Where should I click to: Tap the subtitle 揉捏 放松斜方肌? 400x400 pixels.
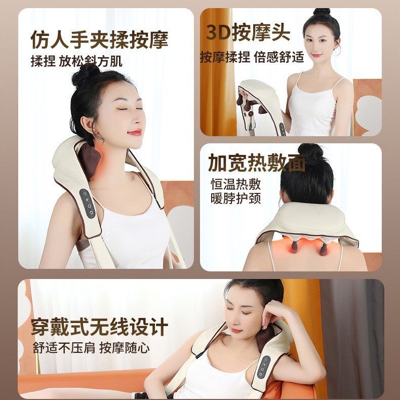point(76,62)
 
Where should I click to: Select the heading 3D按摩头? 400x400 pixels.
point(248,32)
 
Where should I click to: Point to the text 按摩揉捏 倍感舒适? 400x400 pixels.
point(252,57)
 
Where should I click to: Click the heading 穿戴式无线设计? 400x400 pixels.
point(99,327)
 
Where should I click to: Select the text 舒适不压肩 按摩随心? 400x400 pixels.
point(91,348)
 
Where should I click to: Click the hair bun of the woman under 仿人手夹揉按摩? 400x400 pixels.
point(85,74)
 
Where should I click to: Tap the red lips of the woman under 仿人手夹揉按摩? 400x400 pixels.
point(135,132)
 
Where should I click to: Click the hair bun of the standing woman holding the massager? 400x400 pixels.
point(321,12)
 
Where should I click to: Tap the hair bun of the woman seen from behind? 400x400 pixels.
point(310,153)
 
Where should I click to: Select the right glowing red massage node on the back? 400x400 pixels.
point(323,249)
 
